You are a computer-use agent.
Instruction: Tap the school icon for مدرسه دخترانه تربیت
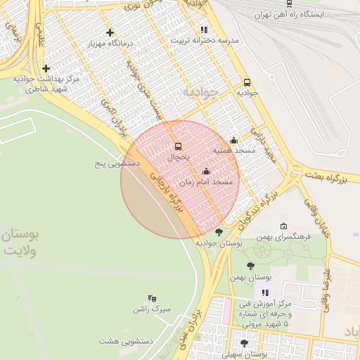click(204, 30)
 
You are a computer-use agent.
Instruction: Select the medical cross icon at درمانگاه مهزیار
click(109, 32)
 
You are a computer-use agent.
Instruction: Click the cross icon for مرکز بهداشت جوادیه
click(46, 68)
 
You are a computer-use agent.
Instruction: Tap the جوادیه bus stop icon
click(247, 82)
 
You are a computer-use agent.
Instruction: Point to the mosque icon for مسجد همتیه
click(233, 140)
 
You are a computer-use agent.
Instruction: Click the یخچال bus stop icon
click(178, 146)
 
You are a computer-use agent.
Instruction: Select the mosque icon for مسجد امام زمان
click(206, 171)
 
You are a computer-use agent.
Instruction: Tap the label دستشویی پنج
click(117, 163)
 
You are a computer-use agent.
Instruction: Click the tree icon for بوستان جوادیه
click(219, 232)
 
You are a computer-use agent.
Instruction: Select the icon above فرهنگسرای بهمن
click(283, 226)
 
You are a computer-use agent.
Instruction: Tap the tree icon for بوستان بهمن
click(250, 266)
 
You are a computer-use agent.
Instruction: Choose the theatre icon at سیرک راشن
click(153, 298)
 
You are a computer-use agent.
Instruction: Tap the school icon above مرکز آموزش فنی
click(265, 292)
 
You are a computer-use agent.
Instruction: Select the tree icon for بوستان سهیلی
click(244, 343)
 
